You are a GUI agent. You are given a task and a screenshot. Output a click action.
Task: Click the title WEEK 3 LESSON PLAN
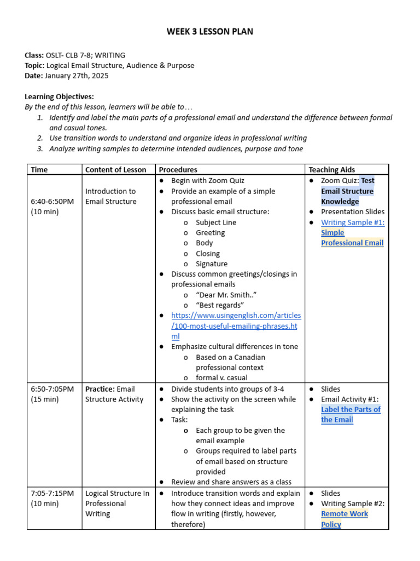pos(210,32)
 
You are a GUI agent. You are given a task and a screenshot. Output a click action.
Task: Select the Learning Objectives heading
pos(59,96)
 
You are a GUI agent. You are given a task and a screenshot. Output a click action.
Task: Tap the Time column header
pos(39,170)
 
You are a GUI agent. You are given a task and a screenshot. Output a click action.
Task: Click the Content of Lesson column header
pos(115,170)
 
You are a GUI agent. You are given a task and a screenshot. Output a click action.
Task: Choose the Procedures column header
pos(177,170)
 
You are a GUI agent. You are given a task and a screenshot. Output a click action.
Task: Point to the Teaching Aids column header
pos(331,170)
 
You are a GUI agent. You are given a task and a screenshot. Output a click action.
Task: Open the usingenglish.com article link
pos(236,326)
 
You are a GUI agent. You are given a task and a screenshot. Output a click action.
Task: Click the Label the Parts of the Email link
pos(350,415)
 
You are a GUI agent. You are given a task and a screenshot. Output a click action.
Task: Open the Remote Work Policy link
pos(344,519)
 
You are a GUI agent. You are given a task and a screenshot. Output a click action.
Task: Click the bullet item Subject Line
pos(216,222)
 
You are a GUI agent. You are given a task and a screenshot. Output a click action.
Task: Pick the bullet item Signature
pos(212,264)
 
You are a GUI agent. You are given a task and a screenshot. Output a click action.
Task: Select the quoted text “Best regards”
pos(220,305)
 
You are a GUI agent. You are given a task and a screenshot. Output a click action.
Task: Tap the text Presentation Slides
pos(353,211)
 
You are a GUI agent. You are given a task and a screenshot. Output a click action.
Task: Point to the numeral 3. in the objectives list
pos(40,148)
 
